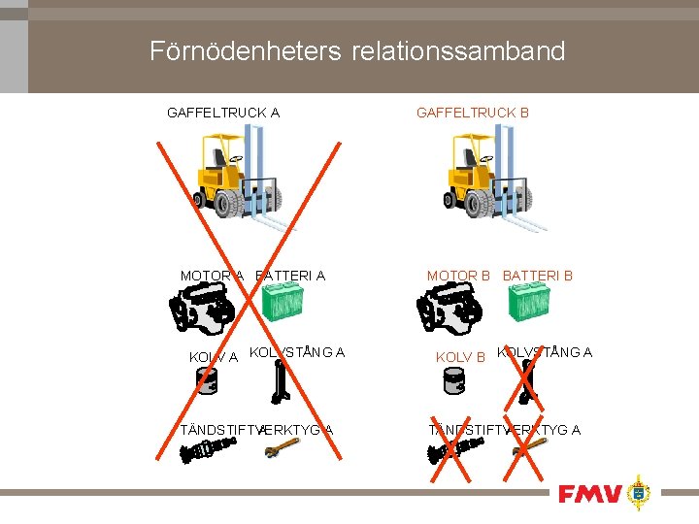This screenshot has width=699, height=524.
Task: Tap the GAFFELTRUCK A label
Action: pyautogui.click(x=223, y=113)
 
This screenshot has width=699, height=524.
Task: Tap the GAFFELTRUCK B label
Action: pyautogui.click(x=473, y=113)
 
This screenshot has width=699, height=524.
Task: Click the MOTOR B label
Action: pyautogui.click(x=459, y=276)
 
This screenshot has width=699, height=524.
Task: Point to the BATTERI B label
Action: pyautogui.click(x=538, y=276)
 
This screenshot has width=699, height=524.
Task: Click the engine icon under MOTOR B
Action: pyautogui.click(x=449, y=311)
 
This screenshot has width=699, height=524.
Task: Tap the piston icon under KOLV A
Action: pyautogui.click(x=206, y=379)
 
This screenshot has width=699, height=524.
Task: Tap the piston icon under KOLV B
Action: pyautogui.click(x=453, y=379)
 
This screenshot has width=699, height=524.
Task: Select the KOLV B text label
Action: pyautogui.click(x=460, y=357)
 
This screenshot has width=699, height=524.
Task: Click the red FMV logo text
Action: pyautogui.click(x=588, y=494)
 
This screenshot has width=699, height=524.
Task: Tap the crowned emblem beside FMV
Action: pyautogui.click(x=638, y=493)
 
